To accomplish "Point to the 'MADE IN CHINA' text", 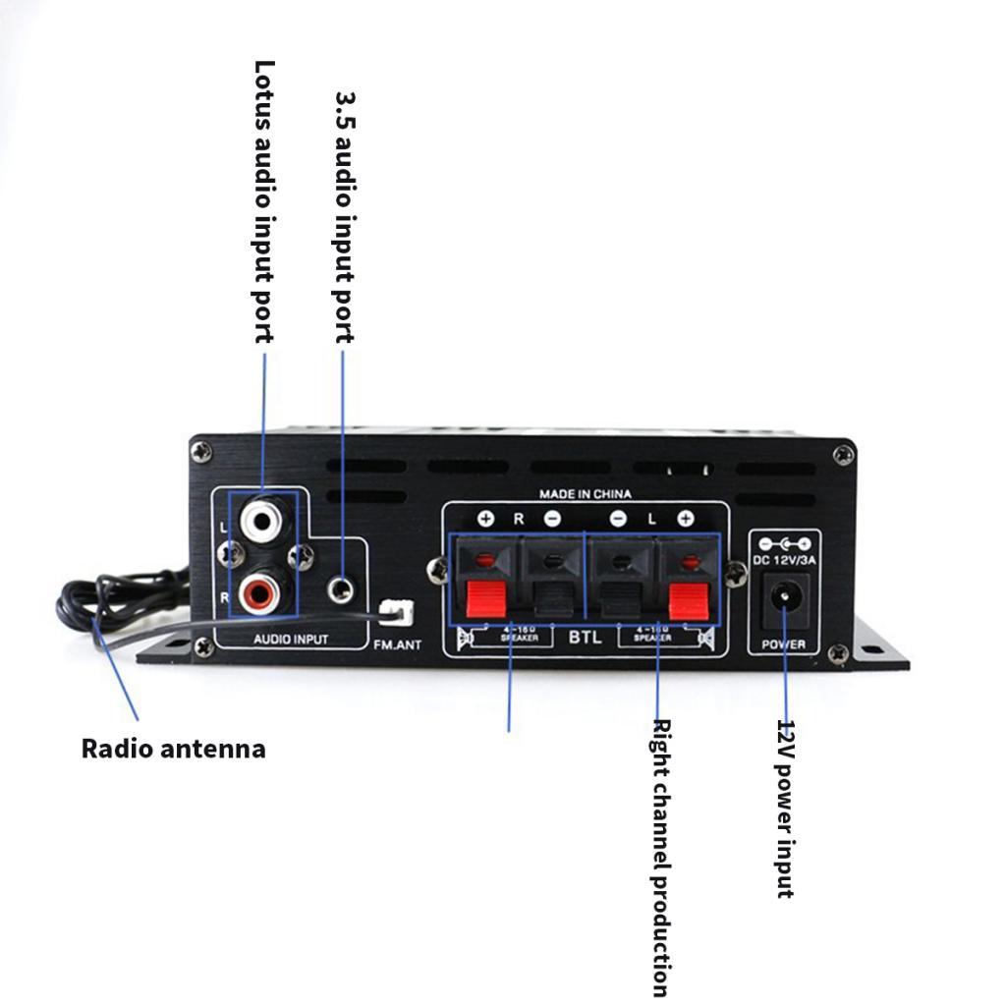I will click(586, 494).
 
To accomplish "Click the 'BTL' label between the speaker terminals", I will click(585, 637).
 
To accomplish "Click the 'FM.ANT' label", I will click(397, 644).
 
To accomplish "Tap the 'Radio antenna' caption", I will click(173, 749).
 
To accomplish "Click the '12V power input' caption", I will click(785, 808).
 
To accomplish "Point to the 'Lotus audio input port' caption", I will click(264, 201).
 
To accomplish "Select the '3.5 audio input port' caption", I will click(344, 217).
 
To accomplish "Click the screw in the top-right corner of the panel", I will click(843, 454).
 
